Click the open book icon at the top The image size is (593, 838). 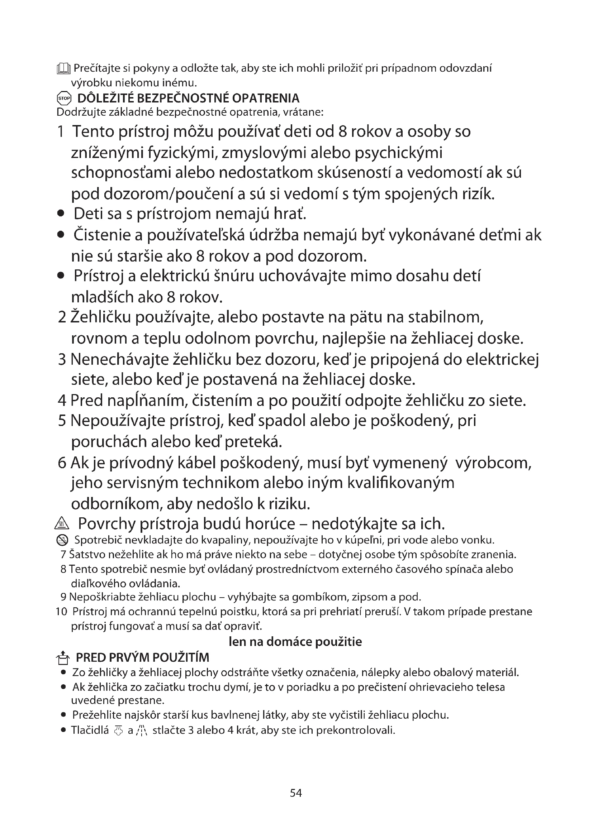[63, 69]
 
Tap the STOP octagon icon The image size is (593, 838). [64, 98]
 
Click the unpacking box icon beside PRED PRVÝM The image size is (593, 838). [63, 658]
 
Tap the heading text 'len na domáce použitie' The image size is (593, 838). [295, 642]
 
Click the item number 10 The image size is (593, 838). [61, 612]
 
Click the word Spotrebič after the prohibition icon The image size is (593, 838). [98, 540]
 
